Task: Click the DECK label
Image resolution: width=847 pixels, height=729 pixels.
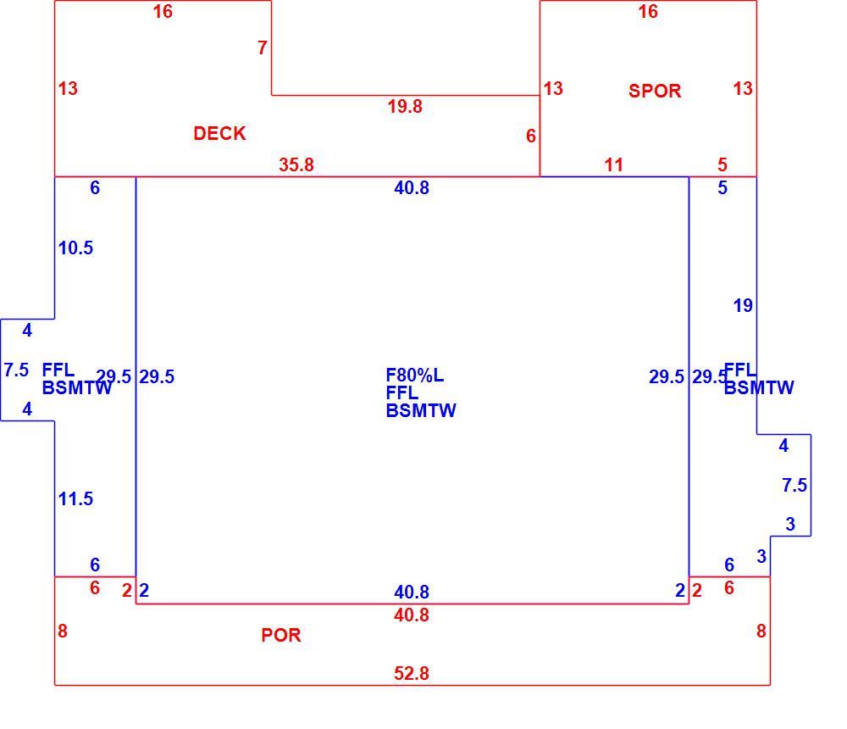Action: (219, 133)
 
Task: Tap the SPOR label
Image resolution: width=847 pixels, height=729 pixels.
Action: (655, 91)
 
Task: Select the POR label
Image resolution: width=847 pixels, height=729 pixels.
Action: (281, 635)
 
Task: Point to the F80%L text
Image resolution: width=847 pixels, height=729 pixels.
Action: (415, 376)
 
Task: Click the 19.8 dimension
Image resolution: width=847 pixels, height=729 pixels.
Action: (405, 107)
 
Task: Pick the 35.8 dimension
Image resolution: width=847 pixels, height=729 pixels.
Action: (296, 164)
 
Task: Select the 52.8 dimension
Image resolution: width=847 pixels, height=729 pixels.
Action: (412, 673)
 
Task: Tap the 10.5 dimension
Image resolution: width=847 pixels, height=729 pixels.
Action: (75, 248)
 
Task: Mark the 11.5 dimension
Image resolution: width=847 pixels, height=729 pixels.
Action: (75, 498)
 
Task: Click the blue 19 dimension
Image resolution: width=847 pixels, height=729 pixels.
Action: (743, 305)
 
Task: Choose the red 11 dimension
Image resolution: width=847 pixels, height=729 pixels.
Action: (613, 164)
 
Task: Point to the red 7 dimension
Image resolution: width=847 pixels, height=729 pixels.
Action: (263, 47)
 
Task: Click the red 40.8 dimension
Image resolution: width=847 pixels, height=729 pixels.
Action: (412, 615)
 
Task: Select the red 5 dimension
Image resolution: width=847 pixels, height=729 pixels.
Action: (722, 164)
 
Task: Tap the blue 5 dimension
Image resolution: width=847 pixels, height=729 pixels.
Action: (722, 187)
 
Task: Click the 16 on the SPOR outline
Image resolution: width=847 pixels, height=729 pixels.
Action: (648, 11)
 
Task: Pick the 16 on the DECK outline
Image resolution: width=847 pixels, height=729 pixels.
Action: (163, 11)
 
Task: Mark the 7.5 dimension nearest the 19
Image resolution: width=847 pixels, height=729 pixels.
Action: (794, 485)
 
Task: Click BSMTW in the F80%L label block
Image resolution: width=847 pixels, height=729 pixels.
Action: (421, 410)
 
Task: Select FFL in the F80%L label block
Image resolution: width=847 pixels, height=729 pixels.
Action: (401, 392)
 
